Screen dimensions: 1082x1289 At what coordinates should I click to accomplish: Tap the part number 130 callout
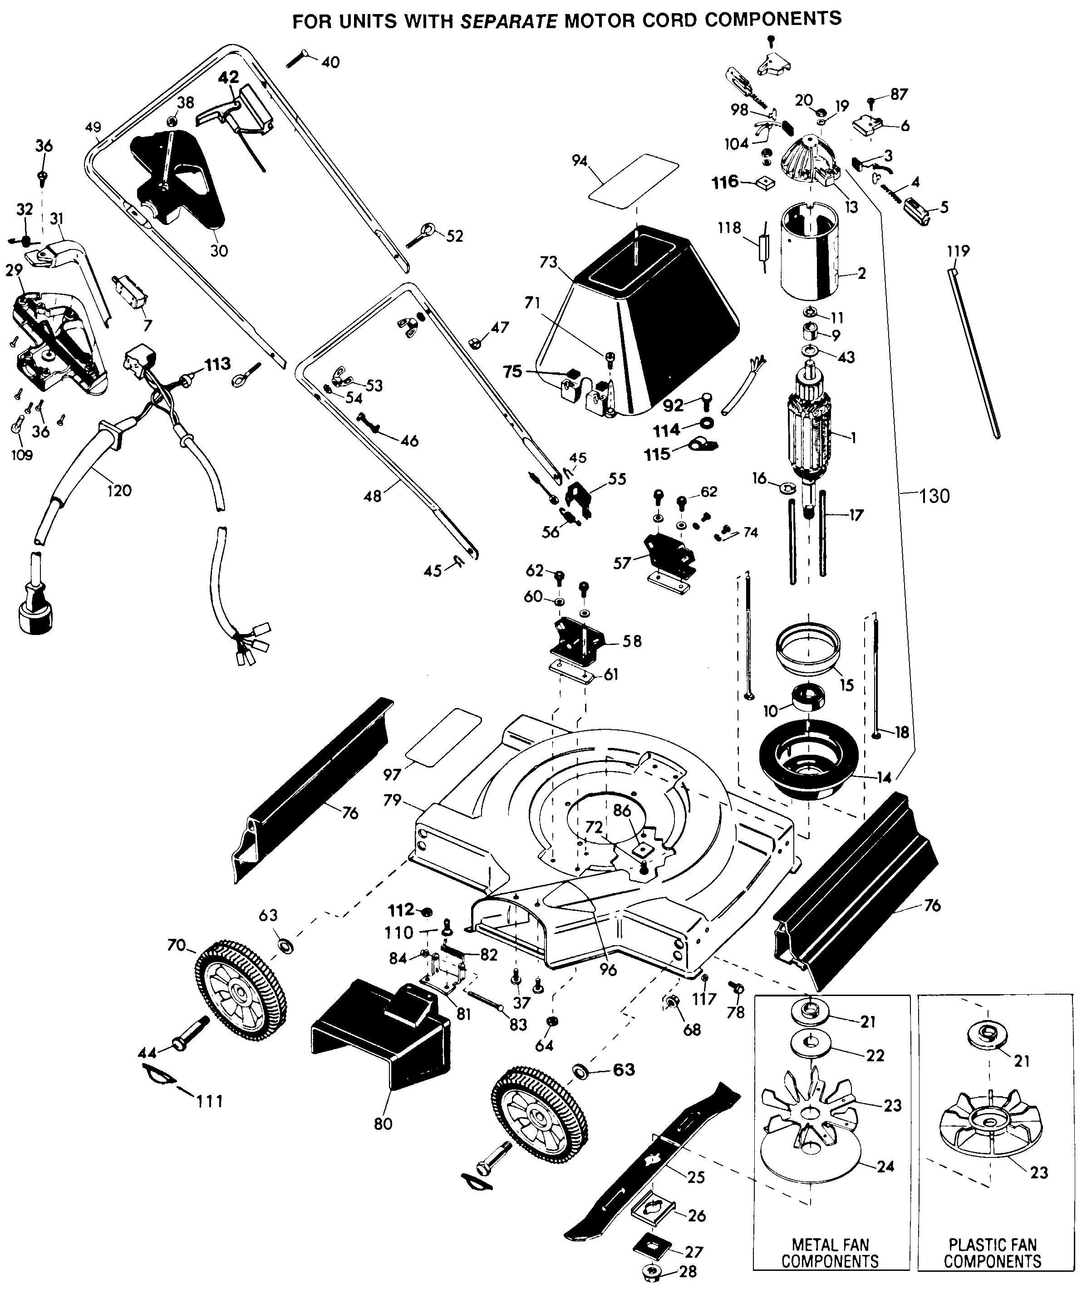[x=934, y=495]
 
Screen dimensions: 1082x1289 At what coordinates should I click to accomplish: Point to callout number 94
[x=579, y=161]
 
